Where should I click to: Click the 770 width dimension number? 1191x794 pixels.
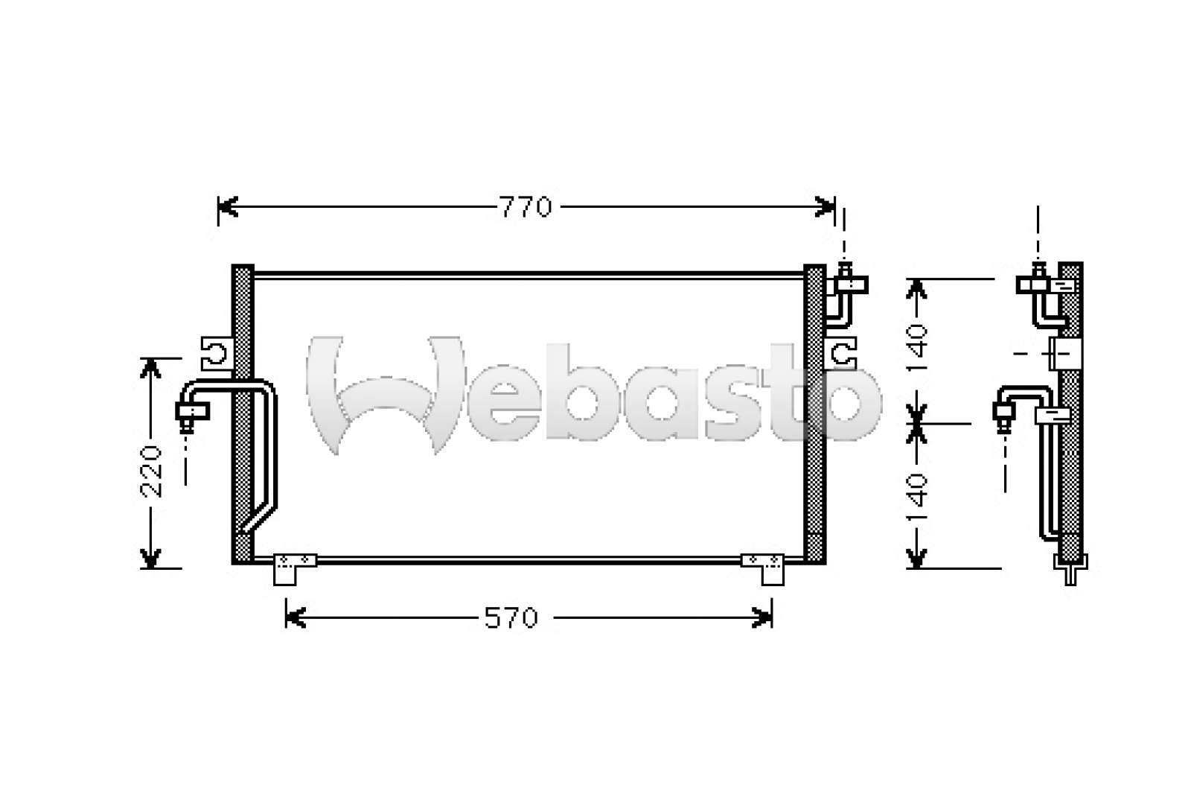pos(526,207)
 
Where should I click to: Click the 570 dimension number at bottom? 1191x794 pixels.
pos(511,617)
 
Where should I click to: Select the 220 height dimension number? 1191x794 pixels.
pos(152,471)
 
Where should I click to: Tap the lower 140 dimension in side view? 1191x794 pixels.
pos(918,497)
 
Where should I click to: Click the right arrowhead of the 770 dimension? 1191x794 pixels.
pos(826,207)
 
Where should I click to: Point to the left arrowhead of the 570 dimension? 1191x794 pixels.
pos(295,617)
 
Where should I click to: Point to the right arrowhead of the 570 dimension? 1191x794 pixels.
pos(764,617)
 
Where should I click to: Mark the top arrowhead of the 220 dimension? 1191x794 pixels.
pos(151,366)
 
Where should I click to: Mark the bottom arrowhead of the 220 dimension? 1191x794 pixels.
pos(151,559)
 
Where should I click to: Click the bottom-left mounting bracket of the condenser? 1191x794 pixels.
pos(294,568)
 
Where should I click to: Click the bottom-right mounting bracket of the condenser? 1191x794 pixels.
pos(764,568)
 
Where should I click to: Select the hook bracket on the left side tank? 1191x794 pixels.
pos(217,352)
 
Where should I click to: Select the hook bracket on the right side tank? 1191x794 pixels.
pos(843,352)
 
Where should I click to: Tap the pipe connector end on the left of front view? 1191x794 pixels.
pos(191,412)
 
